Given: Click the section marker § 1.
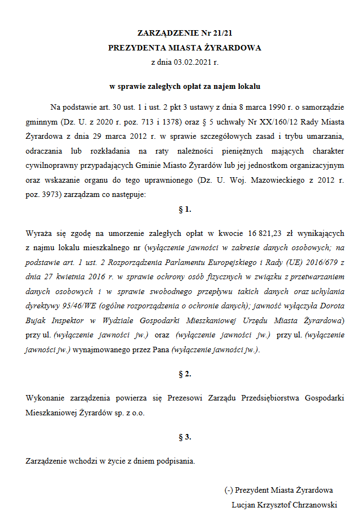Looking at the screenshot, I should coord(185,209).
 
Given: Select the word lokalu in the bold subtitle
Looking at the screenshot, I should coord(249,86).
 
